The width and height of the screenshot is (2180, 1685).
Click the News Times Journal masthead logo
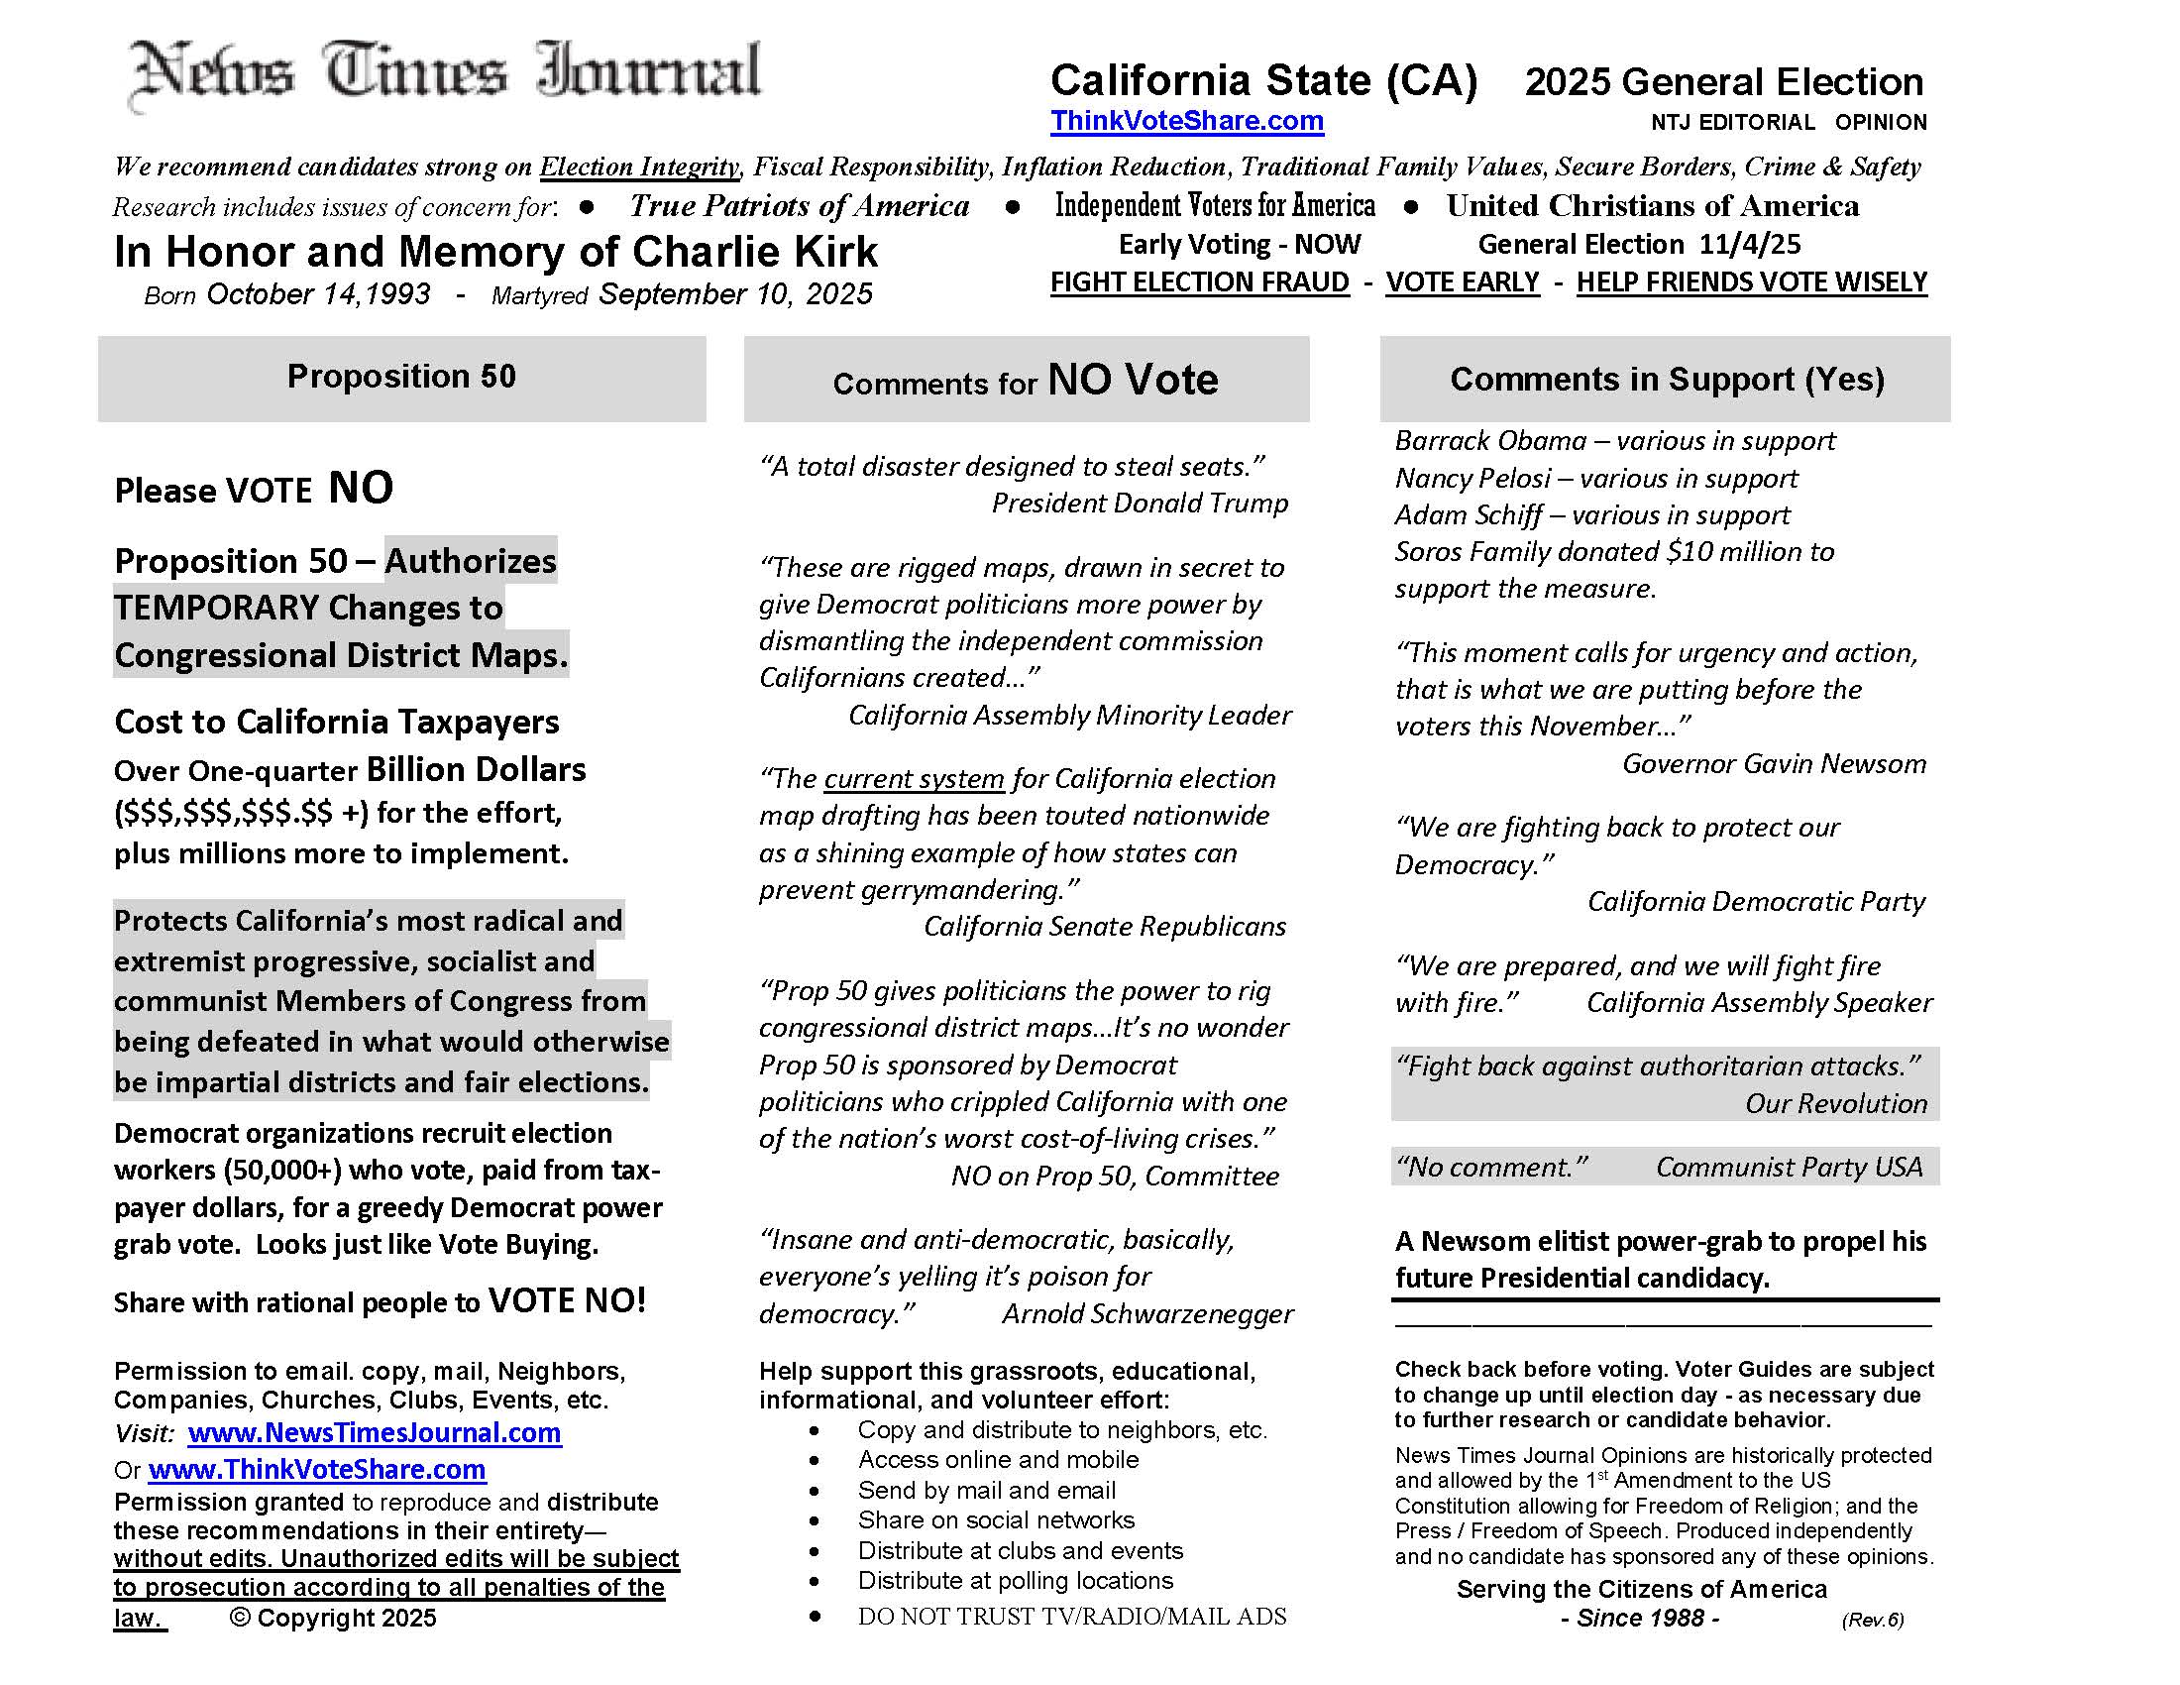tap(446, 72)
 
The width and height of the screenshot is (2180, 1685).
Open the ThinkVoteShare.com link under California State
tap(1186, 121)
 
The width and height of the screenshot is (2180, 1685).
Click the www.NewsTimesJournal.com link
tap(375, 1432)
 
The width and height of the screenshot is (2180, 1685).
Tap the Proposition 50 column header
tap(401, 377)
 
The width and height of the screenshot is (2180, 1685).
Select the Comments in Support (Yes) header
tap(1666, 380)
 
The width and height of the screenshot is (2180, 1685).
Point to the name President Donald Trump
tap(1139, 504)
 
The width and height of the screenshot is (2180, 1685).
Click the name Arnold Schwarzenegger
tap(1146, 1313)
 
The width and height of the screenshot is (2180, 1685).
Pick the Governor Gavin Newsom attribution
tap(1774, 763)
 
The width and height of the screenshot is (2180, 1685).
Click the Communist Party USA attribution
tap(1789, 1167)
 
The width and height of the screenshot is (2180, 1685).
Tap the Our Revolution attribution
tap(1835, 1103)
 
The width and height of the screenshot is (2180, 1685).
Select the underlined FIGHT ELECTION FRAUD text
tap(1199, 282)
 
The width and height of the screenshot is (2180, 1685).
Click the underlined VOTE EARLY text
tap(1463, 282)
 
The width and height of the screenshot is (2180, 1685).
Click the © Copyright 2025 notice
tap(333, 1619)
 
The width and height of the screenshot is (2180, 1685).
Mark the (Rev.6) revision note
tap(1873, 1620)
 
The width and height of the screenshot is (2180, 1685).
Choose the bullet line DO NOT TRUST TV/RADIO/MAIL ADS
tap(1071, 1617)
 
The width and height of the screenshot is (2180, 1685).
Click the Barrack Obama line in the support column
tap(1614, 441)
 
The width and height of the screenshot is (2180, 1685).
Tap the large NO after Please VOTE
tap(361, 487)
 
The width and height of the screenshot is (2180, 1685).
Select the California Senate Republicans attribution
tap(1104, 927)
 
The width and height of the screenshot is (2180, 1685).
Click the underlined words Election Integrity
tap(639, 167)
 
